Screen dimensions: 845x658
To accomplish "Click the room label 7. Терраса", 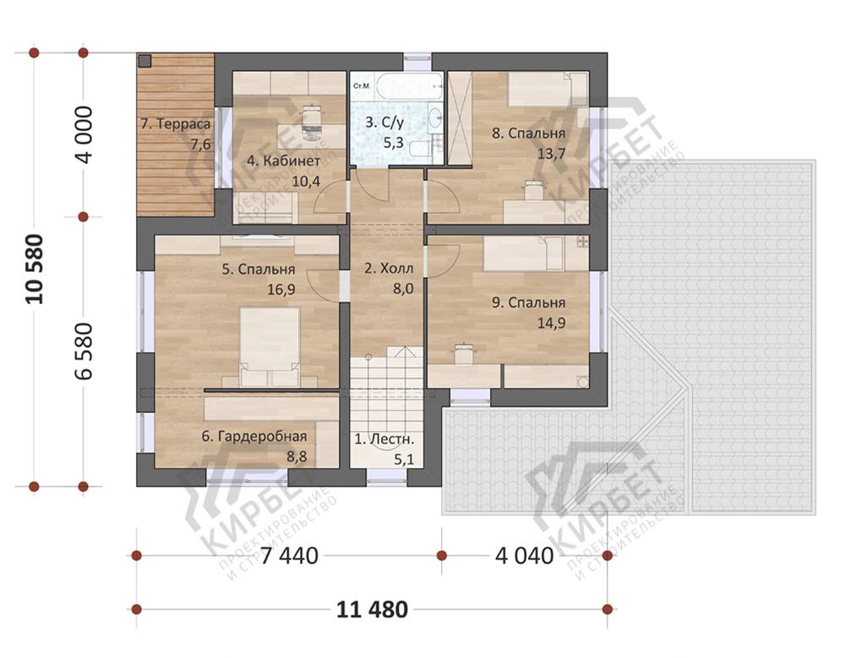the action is click(176, 124).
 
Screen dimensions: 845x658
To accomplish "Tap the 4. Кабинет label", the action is click(283, 161).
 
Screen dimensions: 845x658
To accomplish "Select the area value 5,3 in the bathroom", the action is click(393, 144).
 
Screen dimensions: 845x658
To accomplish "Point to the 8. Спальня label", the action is click(529, 133).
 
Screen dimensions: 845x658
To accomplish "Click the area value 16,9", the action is click(281, 290).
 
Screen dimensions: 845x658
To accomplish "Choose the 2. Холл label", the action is click(389, 269).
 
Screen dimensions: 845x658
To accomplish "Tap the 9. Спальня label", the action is click(529, 303).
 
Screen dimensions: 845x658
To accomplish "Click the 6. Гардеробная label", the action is click(254, 437).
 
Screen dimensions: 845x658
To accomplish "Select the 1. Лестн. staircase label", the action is click(384, 440).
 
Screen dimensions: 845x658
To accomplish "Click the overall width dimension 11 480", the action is click(372, 610).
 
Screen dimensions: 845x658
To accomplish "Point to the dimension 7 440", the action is click(289, 556).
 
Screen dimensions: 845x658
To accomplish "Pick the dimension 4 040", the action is click(525, 556).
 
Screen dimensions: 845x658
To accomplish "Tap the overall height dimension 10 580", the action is click(35, 269).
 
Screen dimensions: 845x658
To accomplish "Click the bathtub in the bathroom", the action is click(409, 86).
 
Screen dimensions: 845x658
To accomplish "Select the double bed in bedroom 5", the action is click(270, 346).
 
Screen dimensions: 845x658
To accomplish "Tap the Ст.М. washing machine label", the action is click(361, 86).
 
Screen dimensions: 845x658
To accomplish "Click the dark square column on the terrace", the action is click(144, 60).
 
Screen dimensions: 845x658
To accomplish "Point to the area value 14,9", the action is click(551, 324).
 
